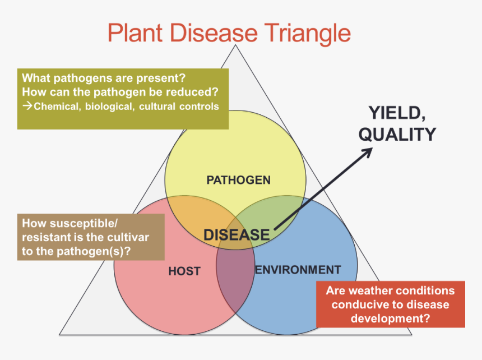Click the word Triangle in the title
307,33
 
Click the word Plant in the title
135,33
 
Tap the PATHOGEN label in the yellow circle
239,180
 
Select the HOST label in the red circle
184,271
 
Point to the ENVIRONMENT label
298,270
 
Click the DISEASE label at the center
237,235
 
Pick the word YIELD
397,113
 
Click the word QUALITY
397,135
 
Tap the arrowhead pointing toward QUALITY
368,153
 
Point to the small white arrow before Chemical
27,106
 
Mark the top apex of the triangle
235,45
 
